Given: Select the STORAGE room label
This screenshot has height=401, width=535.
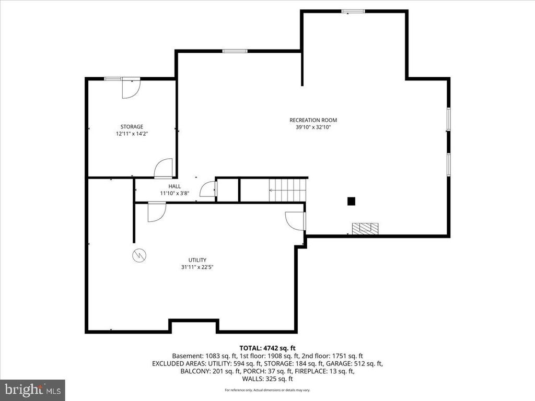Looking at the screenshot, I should (132, 126).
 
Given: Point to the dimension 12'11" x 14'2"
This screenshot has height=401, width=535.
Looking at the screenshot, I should (132, 134).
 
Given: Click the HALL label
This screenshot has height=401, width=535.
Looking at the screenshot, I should (175, 186).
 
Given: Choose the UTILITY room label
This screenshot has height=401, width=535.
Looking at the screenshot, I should (197, 260).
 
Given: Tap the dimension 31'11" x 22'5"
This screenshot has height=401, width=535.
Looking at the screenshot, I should (197, 267).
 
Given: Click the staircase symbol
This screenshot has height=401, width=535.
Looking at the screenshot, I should (287, 190).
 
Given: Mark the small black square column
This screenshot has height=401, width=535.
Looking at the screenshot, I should (352, 200).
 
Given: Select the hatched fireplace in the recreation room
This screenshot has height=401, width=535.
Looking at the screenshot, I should (365, 229).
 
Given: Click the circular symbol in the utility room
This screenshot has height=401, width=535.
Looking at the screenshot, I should (140, 255).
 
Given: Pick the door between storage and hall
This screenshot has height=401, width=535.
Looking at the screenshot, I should (164, 168).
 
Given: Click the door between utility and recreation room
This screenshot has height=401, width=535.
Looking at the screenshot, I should (296, 220).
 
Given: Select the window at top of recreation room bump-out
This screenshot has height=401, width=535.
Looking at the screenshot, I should (353, 10).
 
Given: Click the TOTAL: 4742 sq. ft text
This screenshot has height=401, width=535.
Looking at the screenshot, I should (267, 348).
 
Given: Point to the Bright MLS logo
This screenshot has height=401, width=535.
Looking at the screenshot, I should (32, 389).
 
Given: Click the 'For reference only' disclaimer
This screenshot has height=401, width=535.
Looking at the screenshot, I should (267, 390).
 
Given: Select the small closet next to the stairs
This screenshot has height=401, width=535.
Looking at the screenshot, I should (228, 190).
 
